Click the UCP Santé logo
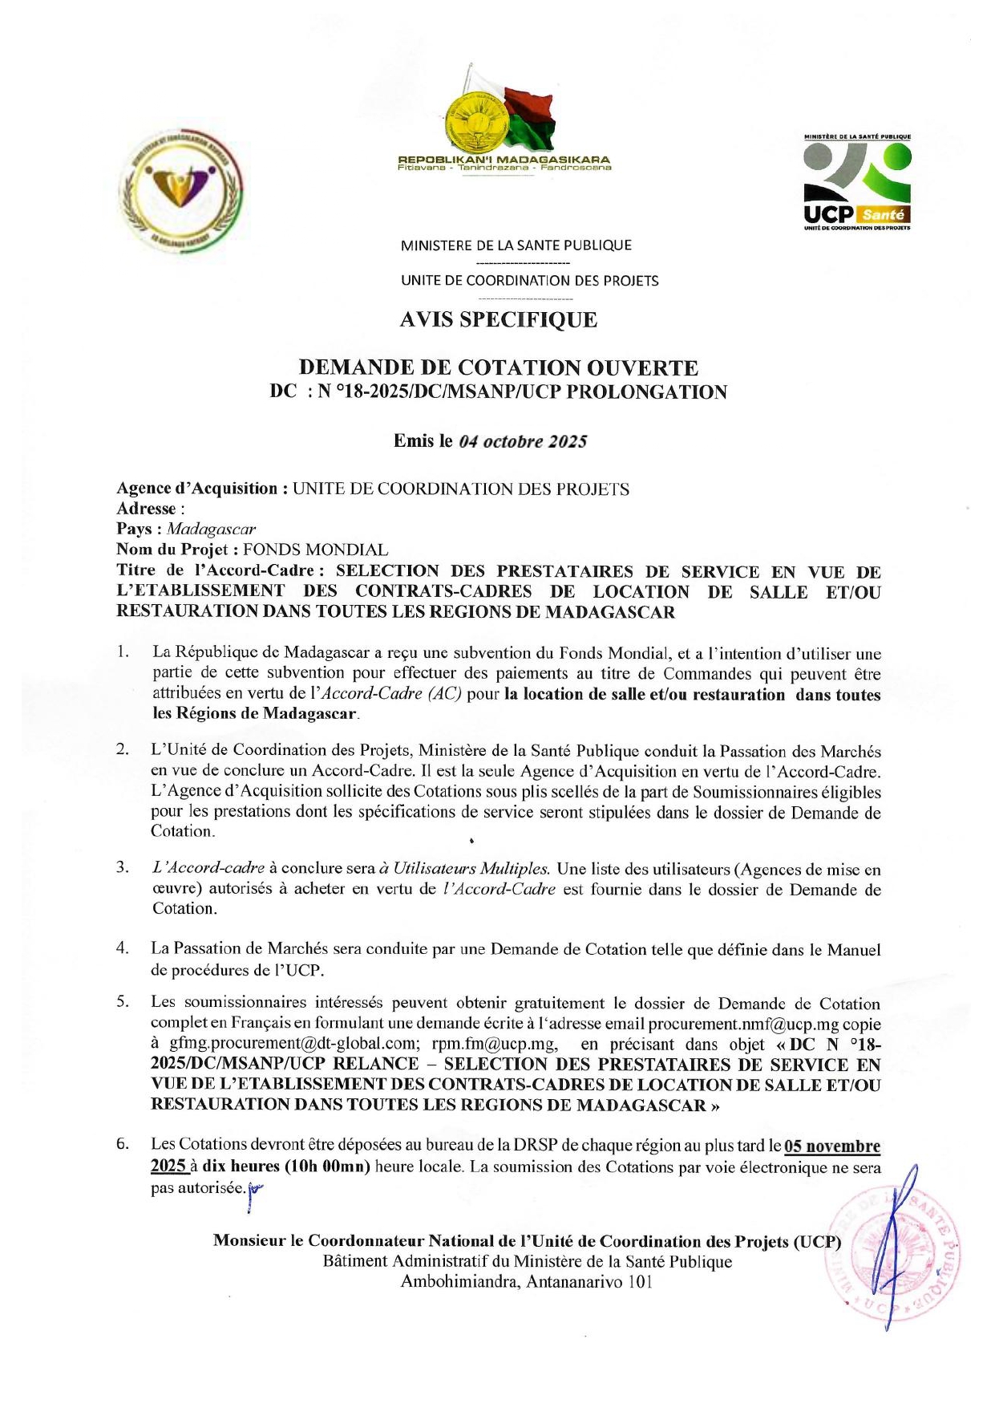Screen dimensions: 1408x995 [x=856, y=183]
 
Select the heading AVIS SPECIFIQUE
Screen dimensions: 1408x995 [x=498, y=320]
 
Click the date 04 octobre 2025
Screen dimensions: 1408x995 [x=523, y=441]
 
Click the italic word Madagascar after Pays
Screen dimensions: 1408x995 [x=212, y=530]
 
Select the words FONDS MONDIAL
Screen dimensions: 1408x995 [x=315, y=550]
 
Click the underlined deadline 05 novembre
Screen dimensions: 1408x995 [x=832, y=1146]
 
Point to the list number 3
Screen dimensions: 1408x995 [x=122, y=867]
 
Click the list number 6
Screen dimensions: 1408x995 [x=123, y=1145]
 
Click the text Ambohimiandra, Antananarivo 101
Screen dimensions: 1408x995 [x=527, y=1282]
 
